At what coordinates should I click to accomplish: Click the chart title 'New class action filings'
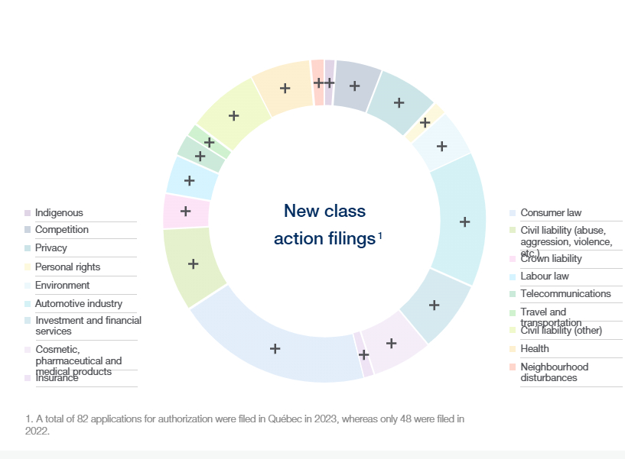point(324,225)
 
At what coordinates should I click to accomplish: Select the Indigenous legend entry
point(59,213)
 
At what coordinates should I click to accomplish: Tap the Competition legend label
point(61,230)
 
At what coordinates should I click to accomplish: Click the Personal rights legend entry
point(67,267)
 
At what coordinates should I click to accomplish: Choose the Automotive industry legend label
point(78,304)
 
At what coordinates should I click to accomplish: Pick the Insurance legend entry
point(57,378)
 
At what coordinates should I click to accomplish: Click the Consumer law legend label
point(551,213)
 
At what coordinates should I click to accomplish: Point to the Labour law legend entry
point(544,276)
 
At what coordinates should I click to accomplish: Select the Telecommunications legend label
point(565,294)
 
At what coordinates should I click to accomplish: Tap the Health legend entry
point(534,349)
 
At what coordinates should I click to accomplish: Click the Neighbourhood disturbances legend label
point(554,372)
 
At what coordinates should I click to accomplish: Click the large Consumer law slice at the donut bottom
point(275,348)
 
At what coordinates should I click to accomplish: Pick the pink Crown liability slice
point(185,210)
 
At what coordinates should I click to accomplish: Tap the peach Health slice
point(285,88)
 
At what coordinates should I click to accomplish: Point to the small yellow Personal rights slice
point(425,122)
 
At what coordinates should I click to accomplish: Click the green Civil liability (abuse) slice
point(193,263)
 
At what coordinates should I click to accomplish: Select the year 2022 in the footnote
point(37,431)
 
